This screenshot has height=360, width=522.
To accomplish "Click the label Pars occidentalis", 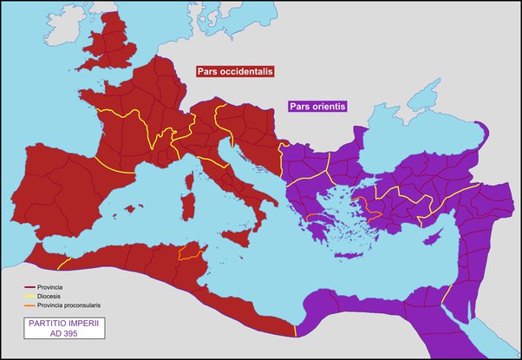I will click(x=232, y=73).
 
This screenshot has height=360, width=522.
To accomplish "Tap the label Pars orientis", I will click(x=317, y=106).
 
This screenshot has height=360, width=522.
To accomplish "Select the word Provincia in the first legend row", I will click(x=53, y=286).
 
